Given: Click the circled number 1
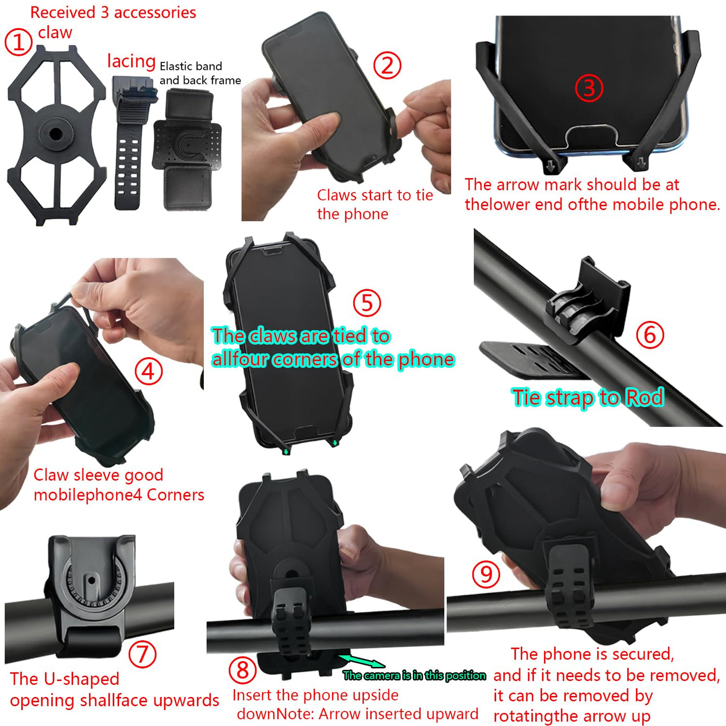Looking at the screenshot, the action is [18, 42].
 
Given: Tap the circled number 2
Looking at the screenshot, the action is [387, 65].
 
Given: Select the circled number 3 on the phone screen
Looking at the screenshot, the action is [589, 88].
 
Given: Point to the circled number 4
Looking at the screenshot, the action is [149, 371].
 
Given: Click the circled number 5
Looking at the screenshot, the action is [367, 302].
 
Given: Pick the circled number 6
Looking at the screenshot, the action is [650, 334].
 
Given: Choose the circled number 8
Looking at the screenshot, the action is [243, 670].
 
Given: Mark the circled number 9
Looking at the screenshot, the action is [486, 575].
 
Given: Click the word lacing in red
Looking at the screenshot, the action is [132, 61].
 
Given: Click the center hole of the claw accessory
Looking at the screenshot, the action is [56, 133].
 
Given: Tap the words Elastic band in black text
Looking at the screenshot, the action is [191, 66].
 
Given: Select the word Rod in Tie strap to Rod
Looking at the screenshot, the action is [644, 397].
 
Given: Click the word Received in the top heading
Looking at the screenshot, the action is [63, 12].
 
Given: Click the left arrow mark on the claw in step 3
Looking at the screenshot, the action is [551, 165].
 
